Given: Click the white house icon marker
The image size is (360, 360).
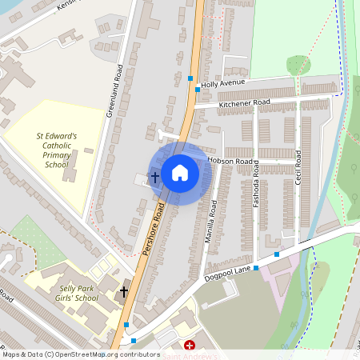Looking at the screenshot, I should click(x=180, y=173).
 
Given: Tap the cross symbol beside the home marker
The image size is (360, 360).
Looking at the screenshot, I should click(x=154, y=175).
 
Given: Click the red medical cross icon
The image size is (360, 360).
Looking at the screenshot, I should click(x=190, y=346).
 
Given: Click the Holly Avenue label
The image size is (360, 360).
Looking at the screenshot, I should click(x=223, y=82).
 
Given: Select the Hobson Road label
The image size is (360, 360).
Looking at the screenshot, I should click(x=230, y=160).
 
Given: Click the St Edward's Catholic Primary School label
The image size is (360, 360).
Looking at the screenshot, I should click(x=57, y=150).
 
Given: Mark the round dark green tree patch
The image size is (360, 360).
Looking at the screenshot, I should click(x=297, y=65).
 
